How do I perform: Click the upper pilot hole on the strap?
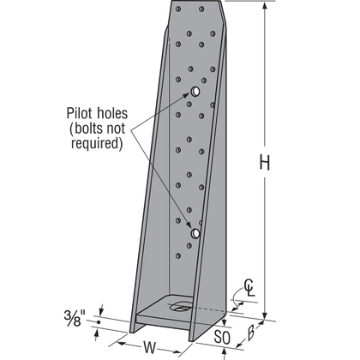click(x=196, y=91)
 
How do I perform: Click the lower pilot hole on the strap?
click(x=195, y=232)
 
